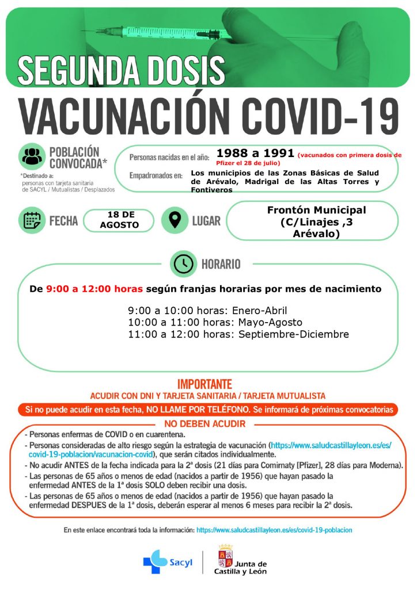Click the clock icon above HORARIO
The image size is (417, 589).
coord(183,264)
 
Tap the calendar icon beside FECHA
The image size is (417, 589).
coord(31,220)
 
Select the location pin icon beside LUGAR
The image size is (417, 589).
coord(175,220)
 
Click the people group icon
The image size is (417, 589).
coord(32,156)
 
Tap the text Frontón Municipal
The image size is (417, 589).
coord(316,210)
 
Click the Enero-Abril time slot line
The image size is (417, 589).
coord(207,310)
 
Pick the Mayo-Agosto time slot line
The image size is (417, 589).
coord(215,322)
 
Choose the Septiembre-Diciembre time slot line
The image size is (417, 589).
coord(238,334)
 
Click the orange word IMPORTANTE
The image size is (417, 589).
coord(204,384)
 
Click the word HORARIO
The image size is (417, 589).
coord(221,264)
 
